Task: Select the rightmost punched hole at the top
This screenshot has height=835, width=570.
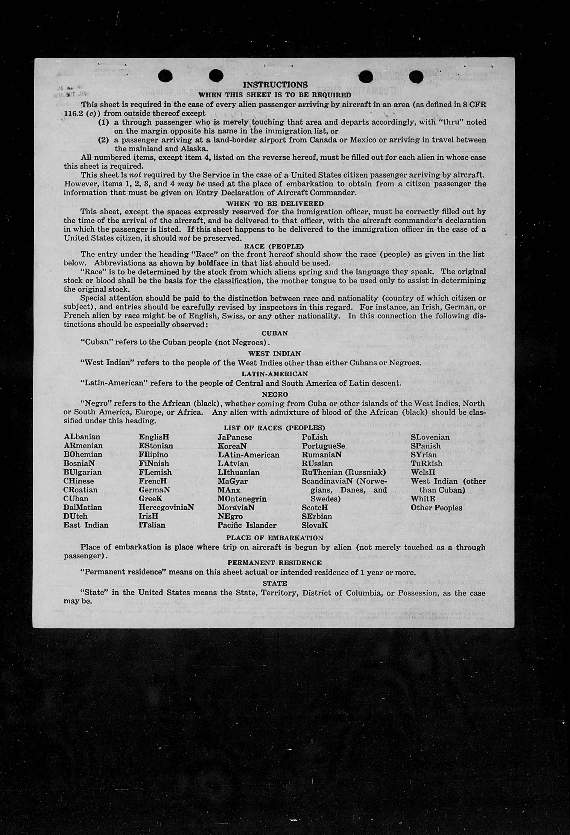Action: coord(416,76)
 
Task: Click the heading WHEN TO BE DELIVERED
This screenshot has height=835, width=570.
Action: coord(275,203)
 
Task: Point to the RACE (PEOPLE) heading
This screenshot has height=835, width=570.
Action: coord(274,246)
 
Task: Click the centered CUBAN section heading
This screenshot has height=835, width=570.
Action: coord(275,333)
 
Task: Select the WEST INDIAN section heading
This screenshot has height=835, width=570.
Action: coord(274,354)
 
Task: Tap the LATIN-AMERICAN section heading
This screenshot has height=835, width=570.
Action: coord(275,374)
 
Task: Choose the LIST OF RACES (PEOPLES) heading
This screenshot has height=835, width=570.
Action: coord(274,428)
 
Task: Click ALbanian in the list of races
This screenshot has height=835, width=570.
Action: coord(82,437)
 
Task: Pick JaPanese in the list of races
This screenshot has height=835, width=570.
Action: coord(235,437)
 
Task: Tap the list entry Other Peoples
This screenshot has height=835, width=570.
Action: coord(436,507)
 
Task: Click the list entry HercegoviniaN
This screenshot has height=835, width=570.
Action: coord(166,507)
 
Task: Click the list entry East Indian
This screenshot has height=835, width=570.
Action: coord(86,525)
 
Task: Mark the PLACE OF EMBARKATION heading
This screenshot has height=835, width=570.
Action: coord(275,538)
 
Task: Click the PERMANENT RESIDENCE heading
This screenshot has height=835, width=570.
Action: coord(274,563)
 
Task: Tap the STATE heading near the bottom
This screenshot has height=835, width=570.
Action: coord(275,583)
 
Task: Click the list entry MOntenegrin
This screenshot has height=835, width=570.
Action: coord(242,499)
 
